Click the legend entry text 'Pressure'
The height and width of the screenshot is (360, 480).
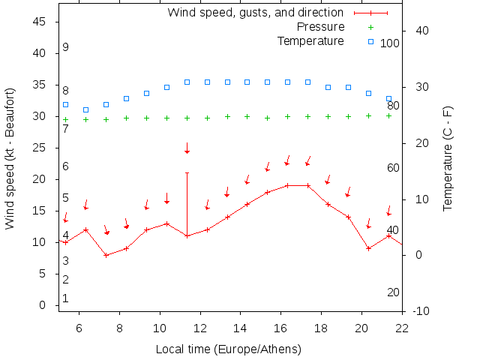[320, 27]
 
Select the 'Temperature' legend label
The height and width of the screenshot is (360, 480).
[310, 40]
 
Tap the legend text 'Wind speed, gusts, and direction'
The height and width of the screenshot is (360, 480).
[255, 13]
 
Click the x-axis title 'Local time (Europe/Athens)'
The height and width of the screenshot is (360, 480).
[228, 349]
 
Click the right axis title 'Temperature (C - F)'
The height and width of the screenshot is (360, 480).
[448, 158]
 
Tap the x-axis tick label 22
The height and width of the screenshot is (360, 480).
[402, 327]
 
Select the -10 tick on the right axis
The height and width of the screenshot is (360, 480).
[421, 311]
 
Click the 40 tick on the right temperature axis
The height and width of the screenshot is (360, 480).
[421, 31]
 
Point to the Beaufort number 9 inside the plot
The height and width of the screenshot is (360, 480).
[66, 47]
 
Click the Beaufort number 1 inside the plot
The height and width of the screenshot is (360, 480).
[66, 298]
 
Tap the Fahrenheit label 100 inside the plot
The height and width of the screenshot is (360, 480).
[390, 43]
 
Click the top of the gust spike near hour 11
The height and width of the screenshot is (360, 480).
[187, 172]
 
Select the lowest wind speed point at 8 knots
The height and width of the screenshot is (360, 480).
[106, 255]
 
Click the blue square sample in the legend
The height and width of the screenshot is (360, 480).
[370, 40]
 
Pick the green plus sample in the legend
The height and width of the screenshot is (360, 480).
[370, 27]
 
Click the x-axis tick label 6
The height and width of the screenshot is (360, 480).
[79, 327]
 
